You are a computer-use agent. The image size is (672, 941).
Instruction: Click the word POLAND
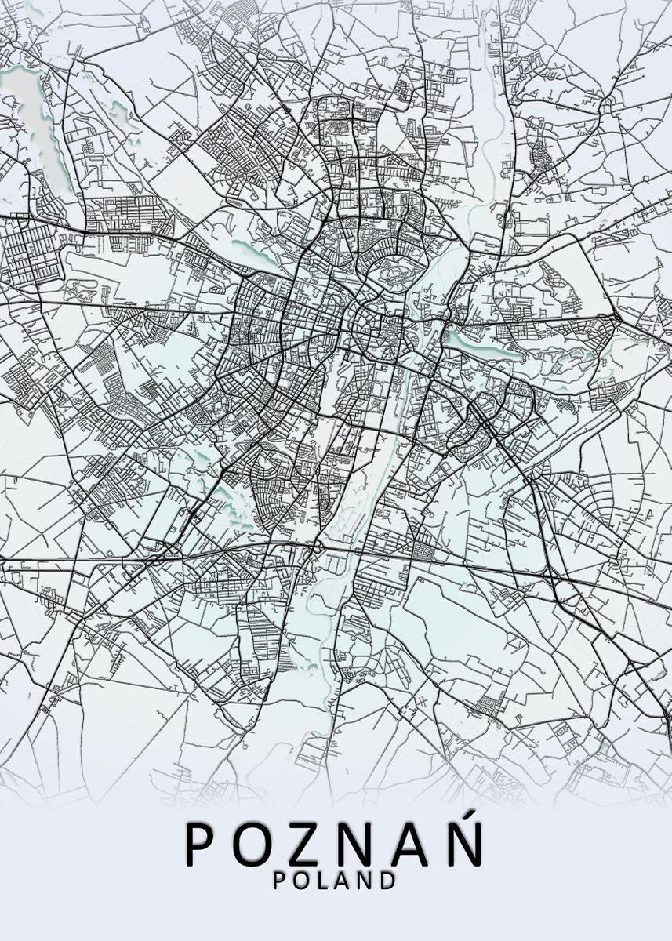(x=335, y=881)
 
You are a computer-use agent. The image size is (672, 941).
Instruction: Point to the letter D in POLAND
(x=387, y=881)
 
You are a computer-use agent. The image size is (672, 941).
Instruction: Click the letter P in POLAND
(x=279, y=881)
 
